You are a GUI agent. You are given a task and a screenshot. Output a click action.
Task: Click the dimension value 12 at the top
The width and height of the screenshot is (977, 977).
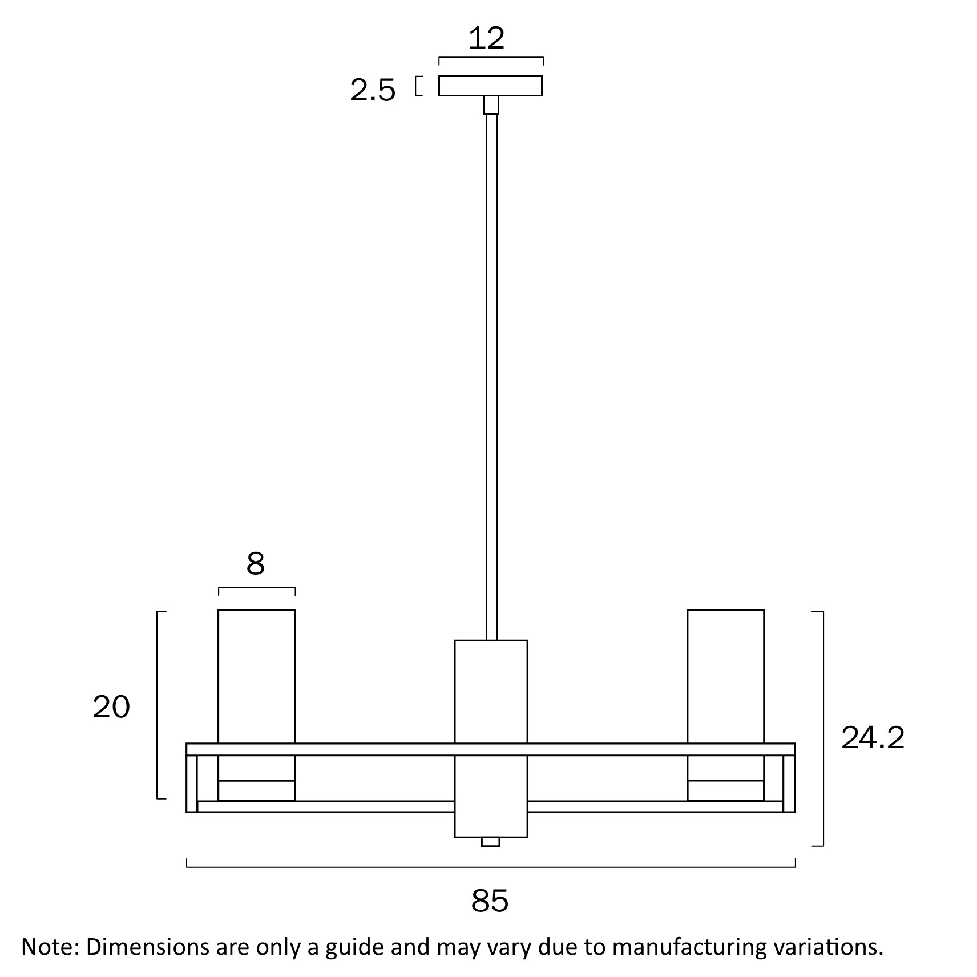pos(487,38)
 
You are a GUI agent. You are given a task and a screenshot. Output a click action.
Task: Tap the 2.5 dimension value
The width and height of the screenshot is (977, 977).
pos(373,91)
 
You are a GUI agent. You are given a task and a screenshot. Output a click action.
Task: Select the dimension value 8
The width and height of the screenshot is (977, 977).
pos(256,564)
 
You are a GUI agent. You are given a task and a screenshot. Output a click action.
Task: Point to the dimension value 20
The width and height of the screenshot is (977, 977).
pos(111,707)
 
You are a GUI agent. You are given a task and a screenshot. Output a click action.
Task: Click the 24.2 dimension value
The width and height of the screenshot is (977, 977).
pos(873,738)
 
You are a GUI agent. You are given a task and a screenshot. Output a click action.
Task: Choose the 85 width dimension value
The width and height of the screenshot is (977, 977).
pos(490,901)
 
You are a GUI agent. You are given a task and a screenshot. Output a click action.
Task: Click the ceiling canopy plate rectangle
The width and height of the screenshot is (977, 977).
pos(490,86)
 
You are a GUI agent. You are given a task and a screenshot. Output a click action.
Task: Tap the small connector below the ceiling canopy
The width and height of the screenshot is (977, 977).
pos(491,106)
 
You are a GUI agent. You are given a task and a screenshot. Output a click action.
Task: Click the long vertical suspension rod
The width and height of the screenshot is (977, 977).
pos(491,377)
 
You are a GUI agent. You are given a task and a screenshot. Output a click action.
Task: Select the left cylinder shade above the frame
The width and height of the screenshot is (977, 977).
pos(256,676)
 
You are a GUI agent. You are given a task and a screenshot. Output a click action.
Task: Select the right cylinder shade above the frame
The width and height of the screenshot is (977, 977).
pos(725,676)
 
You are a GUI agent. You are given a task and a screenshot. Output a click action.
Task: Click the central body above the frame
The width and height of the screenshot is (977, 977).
pos(491,692)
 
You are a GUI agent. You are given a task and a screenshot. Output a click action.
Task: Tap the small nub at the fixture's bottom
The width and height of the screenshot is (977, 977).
pos(490,842)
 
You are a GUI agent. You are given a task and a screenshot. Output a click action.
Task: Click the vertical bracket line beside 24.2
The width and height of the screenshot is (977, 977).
pos(822,728)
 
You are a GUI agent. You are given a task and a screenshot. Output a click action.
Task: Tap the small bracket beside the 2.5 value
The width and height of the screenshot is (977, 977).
pos(419,86)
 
